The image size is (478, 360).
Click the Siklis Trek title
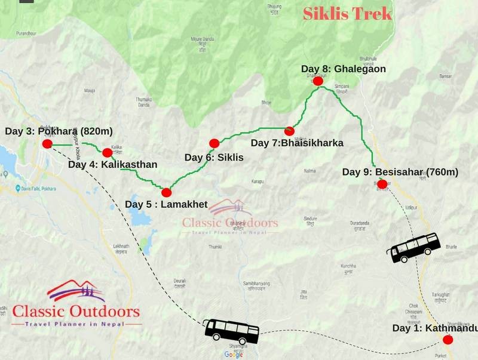tap(347, 14)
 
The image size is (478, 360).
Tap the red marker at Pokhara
tap(47, 144)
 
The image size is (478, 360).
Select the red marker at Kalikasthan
tap(108, 152)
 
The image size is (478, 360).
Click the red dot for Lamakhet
tap(166, 192)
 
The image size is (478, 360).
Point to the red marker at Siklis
tap(215, 143)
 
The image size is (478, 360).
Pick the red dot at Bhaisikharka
tap(290, 131)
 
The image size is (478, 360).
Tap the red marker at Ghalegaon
tap(318, 81)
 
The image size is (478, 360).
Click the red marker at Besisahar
tap(382, 184)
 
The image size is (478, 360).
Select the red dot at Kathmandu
tap(448, 340)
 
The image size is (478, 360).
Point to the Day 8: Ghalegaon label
tap(343, 69)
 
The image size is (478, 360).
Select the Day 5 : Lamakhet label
tap(166, 205)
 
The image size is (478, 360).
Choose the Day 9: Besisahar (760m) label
tap(400, 172)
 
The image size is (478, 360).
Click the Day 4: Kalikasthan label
tap(112, 164)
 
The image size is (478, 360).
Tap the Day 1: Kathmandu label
tap(435, 328)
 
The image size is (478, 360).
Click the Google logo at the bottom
tap(234, 355)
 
